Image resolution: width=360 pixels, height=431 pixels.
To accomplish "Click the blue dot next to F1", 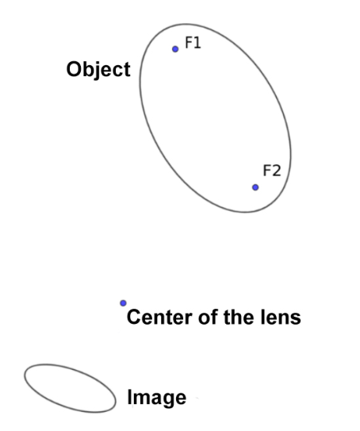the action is [175, 49].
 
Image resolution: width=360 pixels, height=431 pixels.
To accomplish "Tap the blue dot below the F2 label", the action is [255, 187].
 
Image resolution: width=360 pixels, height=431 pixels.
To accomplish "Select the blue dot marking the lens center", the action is [123, 303].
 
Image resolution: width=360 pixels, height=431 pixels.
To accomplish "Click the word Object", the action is [98, 70].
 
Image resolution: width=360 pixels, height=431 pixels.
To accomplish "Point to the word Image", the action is [157, 398].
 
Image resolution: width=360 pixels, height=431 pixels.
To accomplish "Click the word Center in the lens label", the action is [159, 317].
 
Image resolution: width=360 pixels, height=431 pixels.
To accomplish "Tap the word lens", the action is [281, 317].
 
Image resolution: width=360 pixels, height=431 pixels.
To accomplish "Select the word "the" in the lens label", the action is [239, 317].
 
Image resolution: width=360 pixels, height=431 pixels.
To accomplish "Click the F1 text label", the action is [193, 43].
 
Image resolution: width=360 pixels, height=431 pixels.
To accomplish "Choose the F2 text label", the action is [272, 171].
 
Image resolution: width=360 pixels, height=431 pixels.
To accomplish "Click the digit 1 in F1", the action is [197, 43].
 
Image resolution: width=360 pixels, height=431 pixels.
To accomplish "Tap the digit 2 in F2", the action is [276, 171].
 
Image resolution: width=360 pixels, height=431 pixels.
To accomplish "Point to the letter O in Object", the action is [74, 69].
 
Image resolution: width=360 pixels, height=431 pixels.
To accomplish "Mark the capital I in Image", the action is [129, 397].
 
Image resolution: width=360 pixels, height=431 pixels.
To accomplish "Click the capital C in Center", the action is [134, 317].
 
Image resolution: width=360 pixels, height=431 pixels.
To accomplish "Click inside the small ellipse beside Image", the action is [70, 388].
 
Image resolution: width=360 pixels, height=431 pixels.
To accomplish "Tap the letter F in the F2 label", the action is [267, 171].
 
